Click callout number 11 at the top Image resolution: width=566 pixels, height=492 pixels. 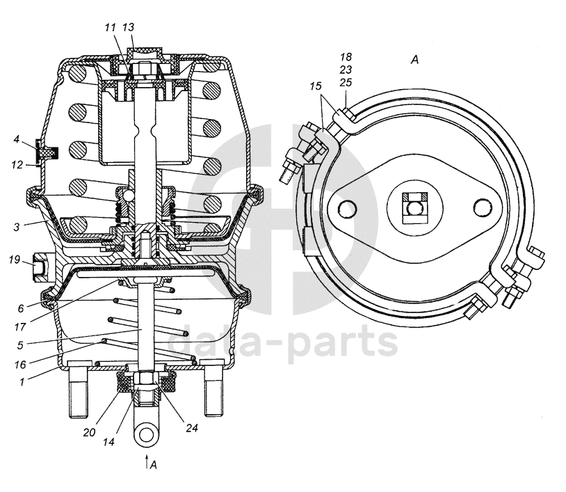point(110,27)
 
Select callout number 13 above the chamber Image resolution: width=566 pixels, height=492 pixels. point(128,27)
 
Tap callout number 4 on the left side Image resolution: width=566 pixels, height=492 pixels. point(16,139)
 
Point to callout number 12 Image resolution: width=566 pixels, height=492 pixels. point(17,165)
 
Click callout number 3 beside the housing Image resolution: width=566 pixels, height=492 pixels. point(17,228)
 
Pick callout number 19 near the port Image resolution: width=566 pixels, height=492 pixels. point(15,260)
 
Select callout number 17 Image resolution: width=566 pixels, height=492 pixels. point(20,327)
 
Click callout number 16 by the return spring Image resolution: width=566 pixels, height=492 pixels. point(20,365)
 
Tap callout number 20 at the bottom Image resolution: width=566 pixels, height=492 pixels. point(89,432)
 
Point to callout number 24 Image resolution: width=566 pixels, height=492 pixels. point(192,428)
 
